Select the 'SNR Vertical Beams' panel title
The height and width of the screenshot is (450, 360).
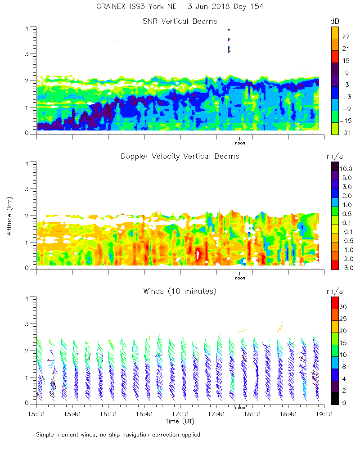180,21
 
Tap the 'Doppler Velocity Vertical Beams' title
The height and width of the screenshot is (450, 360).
180,156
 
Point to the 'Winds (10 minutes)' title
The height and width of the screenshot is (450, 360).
180,291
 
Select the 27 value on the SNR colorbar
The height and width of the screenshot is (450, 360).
346,38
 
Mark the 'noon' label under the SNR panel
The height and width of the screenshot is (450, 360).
240,144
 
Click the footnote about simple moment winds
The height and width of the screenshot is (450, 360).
118,435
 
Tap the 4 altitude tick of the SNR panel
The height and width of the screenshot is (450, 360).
27,28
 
